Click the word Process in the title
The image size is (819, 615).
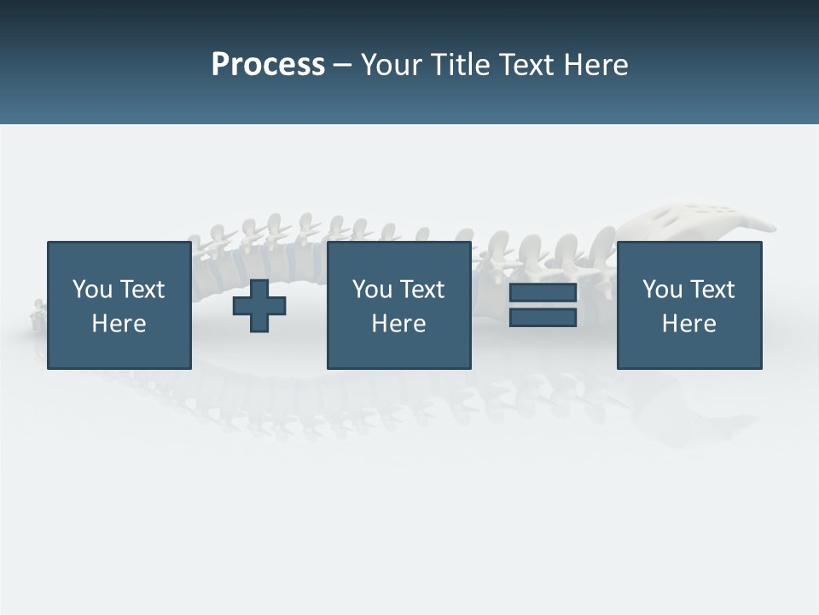(268, 65)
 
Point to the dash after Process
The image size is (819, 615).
(343, 67)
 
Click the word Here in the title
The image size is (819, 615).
(596, 65)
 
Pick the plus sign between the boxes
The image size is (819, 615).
(259, 306)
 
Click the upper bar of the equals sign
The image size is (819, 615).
(543, 293)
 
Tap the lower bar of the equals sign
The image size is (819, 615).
(543, 318)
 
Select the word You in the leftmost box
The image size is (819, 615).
(92, 290)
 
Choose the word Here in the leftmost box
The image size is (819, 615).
(119, 324)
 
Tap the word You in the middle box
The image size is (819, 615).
(372, 290)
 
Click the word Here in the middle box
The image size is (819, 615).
(398, 324)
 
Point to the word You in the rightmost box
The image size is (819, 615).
(662, 290)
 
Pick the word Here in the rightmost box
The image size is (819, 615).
(688, 324)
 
